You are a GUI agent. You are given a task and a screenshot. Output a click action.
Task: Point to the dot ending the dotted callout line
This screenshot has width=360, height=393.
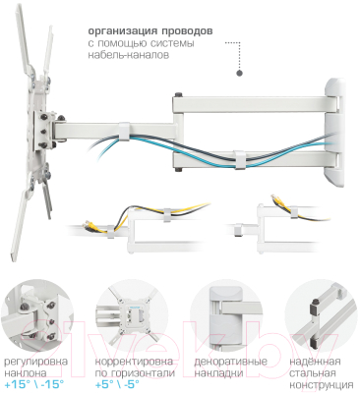click(240, 73)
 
